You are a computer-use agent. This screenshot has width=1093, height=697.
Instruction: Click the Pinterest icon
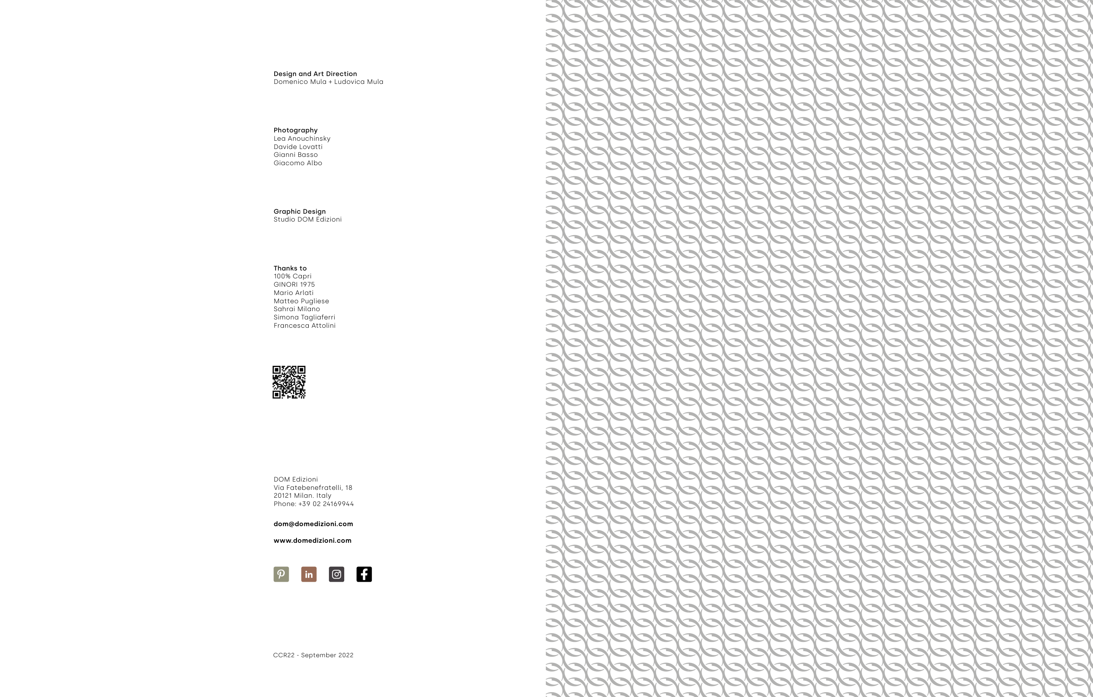281,574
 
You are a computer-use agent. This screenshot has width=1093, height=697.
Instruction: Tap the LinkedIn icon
309,574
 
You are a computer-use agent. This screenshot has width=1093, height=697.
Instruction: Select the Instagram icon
336,574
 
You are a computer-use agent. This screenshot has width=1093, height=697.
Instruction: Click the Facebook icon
364,574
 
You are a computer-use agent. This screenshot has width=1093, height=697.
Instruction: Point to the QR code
289,382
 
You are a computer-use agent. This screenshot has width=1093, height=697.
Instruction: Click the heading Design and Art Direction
315,74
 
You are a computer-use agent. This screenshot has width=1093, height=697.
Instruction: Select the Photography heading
296,130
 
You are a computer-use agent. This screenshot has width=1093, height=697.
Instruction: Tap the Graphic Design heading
300,212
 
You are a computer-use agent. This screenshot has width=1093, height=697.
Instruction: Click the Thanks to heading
290,268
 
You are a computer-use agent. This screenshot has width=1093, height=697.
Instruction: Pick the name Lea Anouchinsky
302,139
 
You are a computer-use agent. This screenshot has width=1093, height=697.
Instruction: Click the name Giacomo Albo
298,163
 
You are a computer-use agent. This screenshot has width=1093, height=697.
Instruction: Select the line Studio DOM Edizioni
307,219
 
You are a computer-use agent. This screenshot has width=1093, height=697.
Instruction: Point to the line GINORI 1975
294,284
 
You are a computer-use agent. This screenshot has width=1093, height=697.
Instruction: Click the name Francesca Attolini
304,326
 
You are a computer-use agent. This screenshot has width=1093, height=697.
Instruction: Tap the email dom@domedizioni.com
313,524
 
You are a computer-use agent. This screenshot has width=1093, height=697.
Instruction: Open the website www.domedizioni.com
312,541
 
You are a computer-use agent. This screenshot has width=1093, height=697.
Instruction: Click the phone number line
313,504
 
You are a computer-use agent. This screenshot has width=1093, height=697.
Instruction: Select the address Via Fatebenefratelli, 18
313,488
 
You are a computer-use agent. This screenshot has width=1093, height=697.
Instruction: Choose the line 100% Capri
292,276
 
